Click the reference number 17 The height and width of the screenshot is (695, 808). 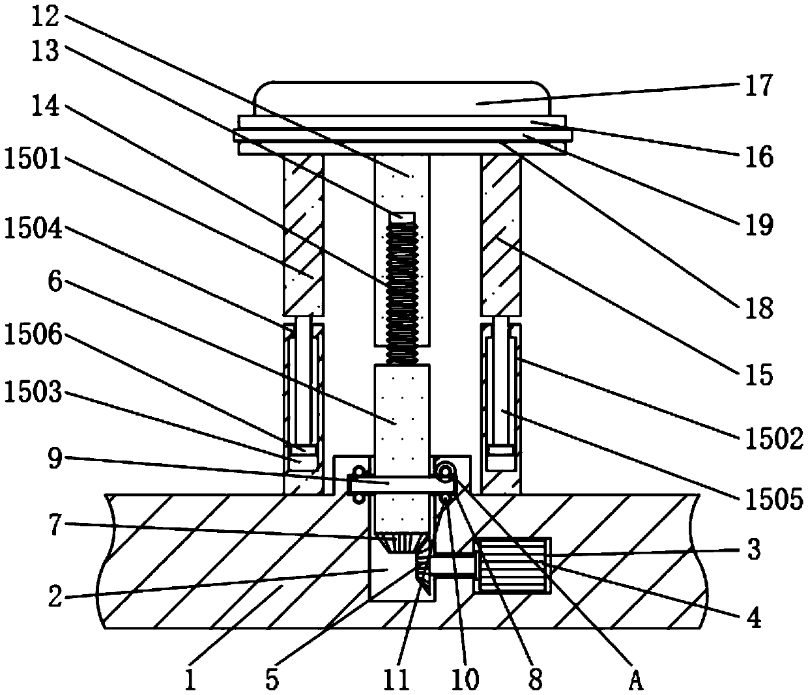758,85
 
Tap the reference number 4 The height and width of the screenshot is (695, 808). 753,617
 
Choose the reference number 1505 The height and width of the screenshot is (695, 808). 770,500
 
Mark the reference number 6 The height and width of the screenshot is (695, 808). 55,285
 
